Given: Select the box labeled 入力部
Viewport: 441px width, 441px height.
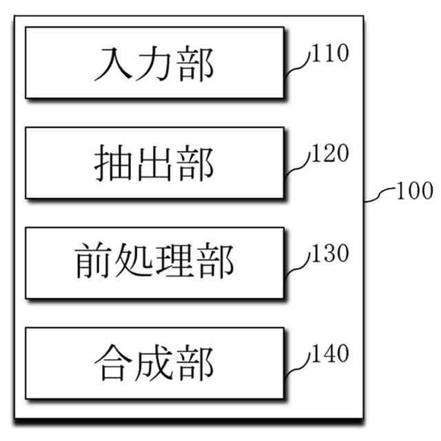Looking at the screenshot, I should tap(154, 63).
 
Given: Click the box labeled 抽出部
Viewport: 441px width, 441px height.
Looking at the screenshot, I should tap(154, 163).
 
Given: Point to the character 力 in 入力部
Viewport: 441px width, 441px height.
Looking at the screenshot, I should tap(154, 65).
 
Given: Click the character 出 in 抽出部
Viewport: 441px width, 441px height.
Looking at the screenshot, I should tap(154, 165).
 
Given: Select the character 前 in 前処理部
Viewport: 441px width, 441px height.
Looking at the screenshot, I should tap(93, 264).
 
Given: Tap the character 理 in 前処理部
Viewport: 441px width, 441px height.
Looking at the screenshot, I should tap(175, 264).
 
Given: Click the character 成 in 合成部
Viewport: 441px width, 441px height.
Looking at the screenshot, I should tap(154, 364).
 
